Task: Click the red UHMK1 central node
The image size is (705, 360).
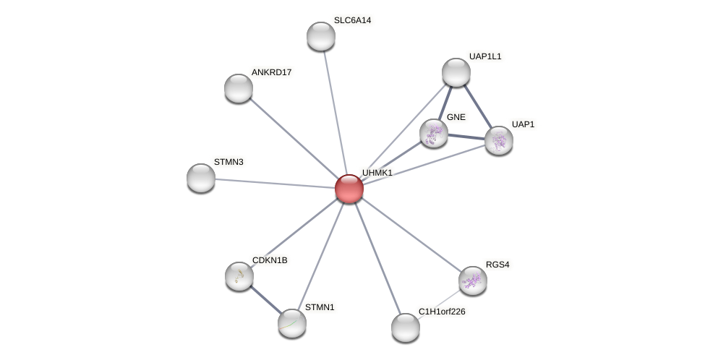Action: (x=349, y=189)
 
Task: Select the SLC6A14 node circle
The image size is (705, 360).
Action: (x=321, y=36)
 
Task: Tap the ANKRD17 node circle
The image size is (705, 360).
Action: (x=239, y=88)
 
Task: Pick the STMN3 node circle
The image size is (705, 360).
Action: (x=201, y=178)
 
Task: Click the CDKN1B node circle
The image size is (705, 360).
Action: (x=239, y=276)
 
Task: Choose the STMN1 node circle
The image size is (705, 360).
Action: (x=292, y=323)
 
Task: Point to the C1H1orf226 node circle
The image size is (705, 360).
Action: (x=406, y=327)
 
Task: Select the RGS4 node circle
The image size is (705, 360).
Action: (x=473, y=280)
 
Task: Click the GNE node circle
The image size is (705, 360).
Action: (x=434, y=133)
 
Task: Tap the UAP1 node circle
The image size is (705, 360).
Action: (x=499, y=140)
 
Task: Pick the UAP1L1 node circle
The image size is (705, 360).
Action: (x=456, y=72)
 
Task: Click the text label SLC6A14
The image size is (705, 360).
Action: (x=352, y=20)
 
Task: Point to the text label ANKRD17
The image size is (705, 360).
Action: (x=271, y=72)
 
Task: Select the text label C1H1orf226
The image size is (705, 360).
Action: (x=442, y=312)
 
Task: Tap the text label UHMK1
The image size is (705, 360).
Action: (x=377, y=173)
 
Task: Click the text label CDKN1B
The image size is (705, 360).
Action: (x=270, y=260)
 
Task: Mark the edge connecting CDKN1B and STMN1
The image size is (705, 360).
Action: (x=265, y=299)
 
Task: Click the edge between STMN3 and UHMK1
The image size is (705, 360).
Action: (x=275, y=184)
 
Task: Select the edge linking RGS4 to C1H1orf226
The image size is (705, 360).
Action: (x=440, y=304)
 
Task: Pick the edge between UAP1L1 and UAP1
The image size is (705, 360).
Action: (x=478, y=106)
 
